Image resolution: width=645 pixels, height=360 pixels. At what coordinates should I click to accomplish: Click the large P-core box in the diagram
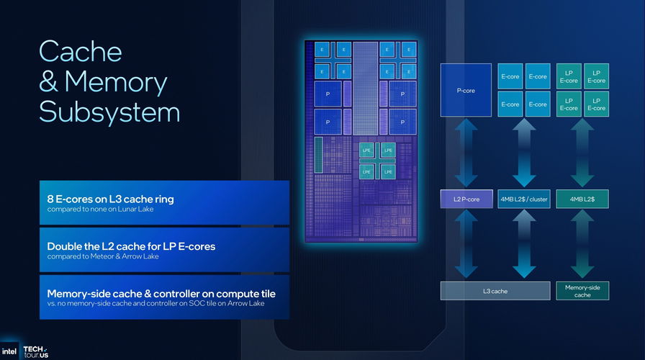tap(466, 90)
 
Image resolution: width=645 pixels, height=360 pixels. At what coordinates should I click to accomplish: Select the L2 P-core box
tap(466, 199)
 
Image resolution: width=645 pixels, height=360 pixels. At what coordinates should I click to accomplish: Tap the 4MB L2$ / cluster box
tap(523, 199)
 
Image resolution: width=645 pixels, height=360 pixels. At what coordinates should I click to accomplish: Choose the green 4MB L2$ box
tap(582, 199)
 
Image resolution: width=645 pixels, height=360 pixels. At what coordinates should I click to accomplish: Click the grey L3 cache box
tap(495, 291)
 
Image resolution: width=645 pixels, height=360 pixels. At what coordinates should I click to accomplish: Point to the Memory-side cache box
tap(582, 291)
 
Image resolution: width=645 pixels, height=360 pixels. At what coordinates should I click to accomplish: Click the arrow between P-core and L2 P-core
tap(466, 153)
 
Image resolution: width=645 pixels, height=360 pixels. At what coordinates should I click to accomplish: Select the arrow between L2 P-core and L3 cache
tap(466, 244)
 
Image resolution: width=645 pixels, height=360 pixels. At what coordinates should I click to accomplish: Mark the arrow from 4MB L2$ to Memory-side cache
tap(582, 244)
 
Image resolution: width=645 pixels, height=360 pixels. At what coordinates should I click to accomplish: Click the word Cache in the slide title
tap(80, 52)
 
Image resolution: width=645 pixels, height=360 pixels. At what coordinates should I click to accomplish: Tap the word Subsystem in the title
tap(109, 112)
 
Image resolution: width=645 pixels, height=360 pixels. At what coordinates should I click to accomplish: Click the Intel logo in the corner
tap(9, 351)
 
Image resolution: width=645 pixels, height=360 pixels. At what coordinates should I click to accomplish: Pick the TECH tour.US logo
tap(36, 352)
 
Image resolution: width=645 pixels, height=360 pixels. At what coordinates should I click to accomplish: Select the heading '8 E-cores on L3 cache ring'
tap(110, 199)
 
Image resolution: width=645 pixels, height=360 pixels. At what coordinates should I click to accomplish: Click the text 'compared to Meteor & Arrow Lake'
tap(103, 256)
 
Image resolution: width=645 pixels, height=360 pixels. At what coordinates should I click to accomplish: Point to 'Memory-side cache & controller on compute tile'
tap(161, 294)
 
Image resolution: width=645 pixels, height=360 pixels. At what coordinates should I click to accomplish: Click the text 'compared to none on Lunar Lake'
tap(100, 209)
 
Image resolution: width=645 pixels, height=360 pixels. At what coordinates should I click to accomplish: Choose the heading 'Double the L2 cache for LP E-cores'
tap(131, 246)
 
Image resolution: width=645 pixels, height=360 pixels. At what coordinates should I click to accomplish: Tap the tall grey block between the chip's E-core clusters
tap(365, 88)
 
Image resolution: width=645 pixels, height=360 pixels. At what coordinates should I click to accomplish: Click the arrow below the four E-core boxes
tap(524, 153)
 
